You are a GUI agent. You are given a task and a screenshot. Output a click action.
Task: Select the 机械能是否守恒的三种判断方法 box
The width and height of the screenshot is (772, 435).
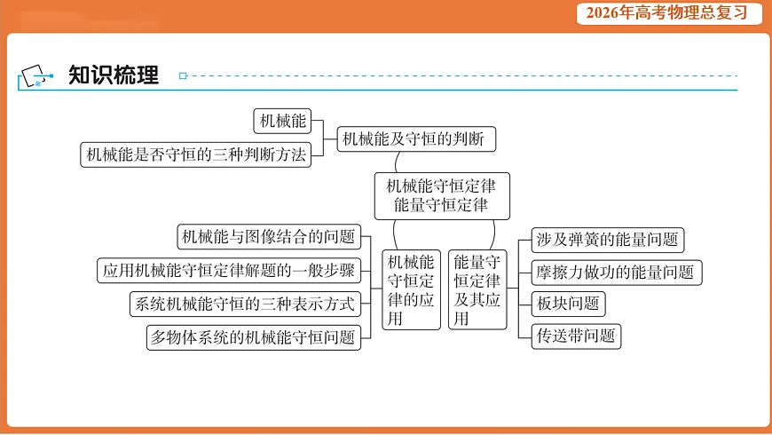pos(195,154)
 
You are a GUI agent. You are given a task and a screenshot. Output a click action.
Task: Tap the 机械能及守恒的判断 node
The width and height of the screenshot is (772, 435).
pos(414,138)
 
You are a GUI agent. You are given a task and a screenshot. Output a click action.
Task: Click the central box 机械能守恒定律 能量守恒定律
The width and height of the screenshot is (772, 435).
pos(442,195)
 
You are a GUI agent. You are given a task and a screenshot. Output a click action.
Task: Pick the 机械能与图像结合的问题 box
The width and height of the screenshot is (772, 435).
pos(268,236)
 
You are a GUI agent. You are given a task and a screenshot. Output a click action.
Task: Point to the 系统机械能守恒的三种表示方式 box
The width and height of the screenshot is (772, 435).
pos(243,304)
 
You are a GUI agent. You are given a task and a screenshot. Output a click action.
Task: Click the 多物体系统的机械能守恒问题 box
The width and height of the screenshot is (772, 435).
pos(254,337)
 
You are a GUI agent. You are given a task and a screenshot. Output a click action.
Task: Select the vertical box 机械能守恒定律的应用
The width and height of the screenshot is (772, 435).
pos(412,289)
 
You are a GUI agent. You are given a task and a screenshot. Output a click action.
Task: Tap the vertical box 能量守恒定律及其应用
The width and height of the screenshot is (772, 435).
pos(477,289)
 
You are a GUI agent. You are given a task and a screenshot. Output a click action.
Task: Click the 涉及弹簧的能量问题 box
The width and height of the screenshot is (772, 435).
pos(608,239)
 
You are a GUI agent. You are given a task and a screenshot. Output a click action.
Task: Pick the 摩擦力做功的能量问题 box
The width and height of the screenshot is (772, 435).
pos(615,273)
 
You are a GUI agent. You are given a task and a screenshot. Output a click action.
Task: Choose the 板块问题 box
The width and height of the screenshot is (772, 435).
pos(568,304)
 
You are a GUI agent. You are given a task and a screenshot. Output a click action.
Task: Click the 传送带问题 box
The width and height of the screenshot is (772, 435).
pos(575,336)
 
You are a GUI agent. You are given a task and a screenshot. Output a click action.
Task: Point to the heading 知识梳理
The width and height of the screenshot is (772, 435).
pos(113,75)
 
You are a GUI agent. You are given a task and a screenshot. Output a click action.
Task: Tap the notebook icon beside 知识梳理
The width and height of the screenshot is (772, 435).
pos(35,76)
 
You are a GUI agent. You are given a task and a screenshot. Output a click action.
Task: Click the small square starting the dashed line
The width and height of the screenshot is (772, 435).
pos(183,76)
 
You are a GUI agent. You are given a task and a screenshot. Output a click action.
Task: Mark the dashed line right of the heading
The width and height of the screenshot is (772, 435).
pos(461,76)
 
